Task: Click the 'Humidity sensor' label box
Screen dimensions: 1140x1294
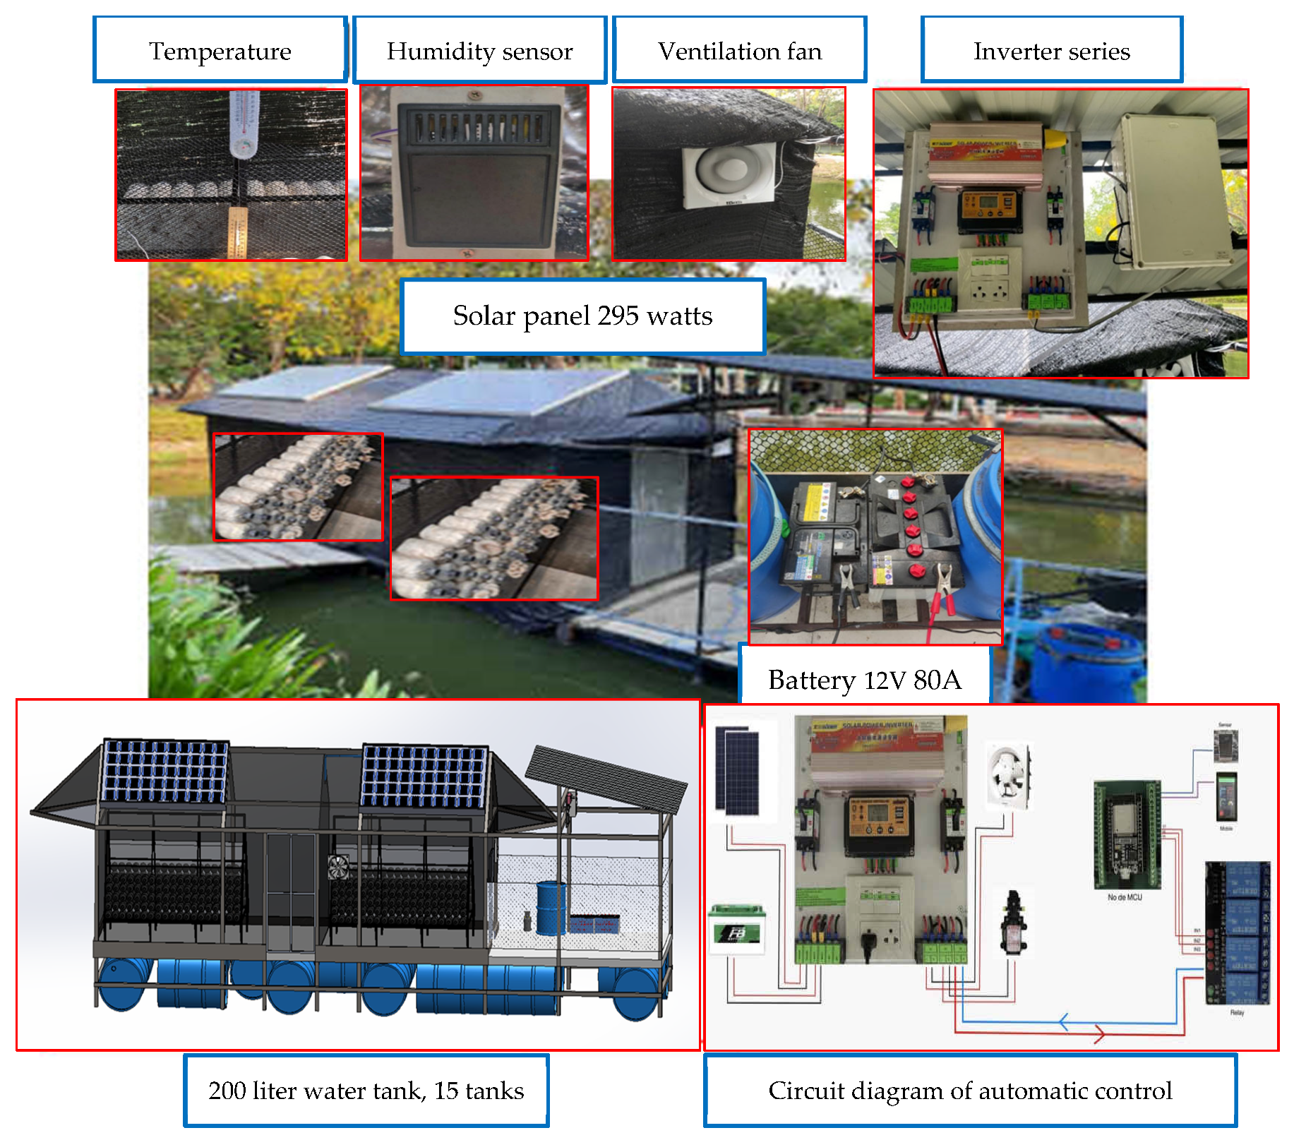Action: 479,51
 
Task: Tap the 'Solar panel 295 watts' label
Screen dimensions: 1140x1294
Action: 582,316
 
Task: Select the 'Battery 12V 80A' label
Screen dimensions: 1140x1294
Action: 864,680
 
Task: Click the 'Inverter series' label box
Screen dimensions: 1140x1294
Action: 1051,51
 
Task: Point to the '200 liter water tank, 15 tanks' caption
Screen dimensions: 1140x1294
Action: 366,1091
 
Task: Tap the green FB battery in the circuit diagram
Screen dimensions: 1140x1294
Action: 737,929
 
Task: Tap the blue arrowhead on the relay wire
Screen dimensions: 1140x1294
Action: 1063,1021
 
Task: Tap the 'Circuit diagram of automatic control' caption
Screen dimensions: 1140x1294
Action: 970,1091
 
